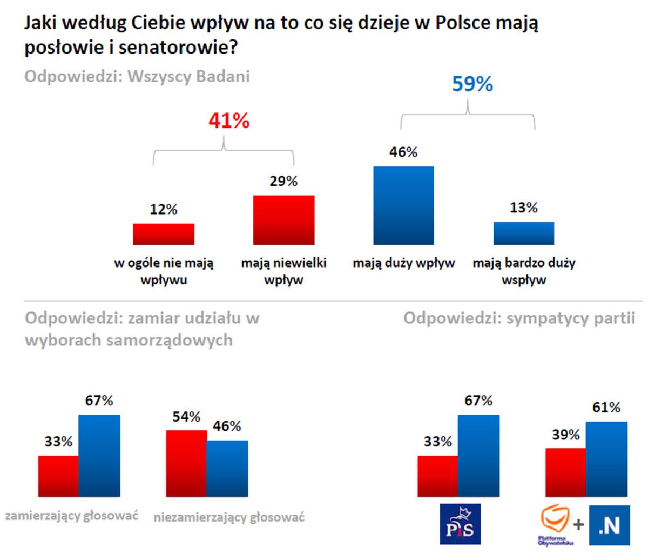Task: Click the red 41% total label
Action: pos(230,121)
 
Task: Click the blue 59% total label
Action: pos(472,84)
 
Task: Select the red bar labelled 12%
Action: pos(164,234)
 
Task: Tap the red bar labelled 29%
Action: pos(283,220)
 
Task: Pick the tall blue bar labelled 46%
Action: pos(403,205)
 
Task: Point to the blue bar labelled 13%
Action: pos(523,233)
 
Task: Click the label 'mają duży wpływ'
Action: pos(404,263)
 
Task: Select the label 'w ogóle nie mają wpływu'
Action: pos(164,271)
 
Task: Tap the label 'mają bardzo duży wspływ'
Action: pos(524,271)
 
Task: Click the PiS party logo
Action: pos(460,524)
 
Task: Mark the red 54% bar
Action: pos(186,463)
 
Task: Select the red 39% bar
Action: pos(566,472)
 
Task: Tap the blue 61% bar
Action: pos(606,459)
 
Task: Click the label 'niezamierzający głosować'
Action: pos(229,517)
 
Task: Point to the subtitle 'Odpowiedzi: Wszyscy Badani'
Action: pos(137,76)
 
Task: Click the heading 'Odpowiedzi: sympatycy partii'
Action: pos(519,318)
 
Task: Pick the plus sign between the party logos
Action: pos(578,525)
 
